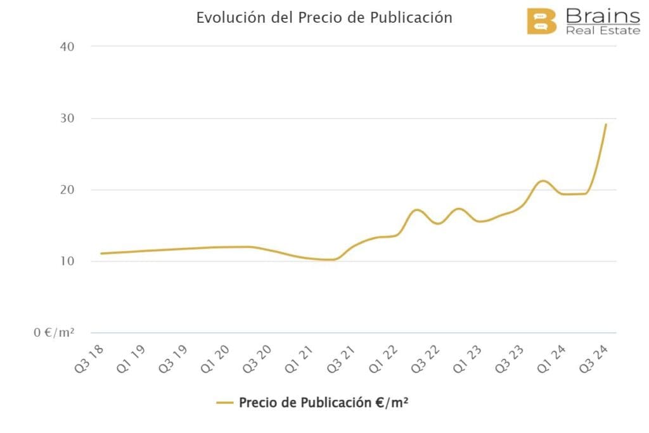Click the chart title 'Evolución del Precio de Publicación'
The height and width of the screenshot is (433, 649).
(324, 17)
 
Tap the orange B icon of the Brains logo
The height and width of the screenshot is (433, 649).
(541, 22)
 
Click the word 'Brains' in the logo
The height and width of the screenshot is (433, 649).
(602, 15)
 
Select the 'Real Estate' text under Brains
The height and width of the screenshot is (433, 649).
(603, 30)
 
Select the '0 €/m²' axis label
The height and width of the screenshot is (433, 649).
(55, 333)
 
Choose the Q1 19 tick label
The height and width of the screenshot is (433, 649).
(132, 358)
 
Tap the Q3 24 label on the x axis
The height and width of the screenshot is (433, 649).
(596, 358)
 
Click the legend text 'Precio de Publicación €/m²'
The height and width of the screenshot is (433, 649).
(323, 402)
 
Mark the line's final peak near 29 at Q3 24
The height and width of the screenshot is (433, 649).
(606, 124)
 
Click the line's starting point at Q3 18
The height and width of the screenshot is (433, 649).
(101, 254)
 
